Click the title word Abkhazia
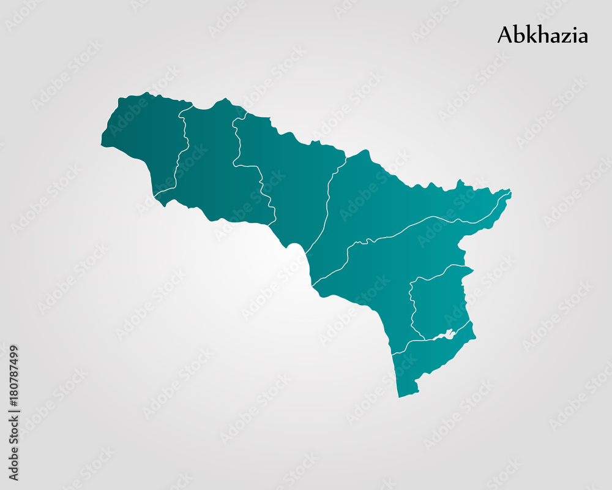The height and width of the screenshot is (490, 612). (x=542, y=35)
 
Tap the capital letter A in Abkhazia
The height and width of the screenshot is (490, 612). (x=505, y=35)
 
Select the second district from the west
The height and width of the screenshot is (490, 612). (x=208, y=165)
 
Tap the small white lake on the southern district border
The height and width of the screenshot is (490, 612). (x=446, y=334)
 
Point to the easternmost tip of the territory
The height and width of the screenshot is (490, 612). (x=510, y=193)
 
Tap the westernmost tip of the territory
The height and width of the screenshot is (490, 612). (x=102, y=145)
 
